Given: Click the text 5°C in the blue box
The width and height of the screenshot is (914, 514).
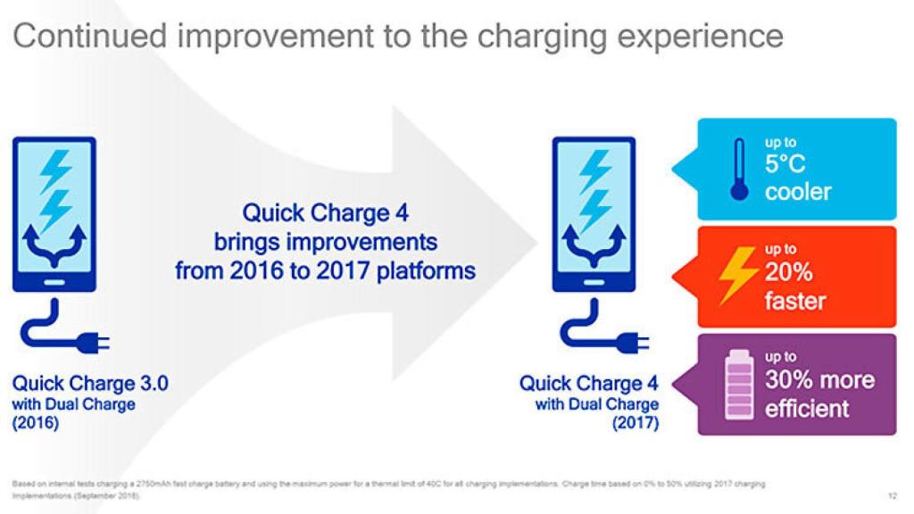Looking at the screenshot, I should click(x=785, y=165).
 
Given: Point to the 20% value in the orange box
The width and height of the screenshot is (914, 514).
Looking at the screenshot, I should click(x=788, y=273).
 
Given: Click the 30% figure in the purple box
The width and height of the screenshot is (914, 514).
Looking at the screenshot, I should click(x=789, y=380).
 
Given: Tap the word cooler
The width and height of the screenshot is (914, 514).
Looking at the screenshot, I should click(x=797, y=192).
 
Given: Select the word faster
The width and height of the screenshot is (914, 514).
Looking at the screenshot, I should click(x=795, y=300).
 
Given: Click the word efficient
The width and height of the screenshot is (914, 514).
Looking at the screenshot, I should click(x=807, y=409).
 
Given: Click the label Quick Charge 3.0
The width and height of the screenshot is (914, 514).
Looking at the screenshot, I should click(x=89, y=384).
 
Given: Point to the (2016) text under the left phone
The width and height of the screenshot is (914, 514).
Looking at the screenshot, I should click(x=35, y=423).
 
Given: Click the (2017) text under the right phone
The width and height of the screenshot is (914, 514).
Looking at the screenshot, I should click(x=636, y=423).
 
